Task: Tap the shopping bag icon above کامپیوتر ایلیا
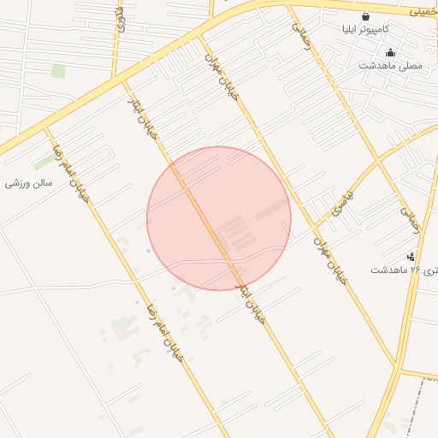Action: coord(366,15)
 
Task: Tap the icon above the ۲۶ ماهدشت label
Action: coord(411,256)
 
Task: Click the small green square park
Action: coord(58,71)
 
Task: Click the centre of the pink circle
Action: coord(219,218)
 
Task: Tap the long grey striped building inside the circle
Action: coord(271,208)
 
